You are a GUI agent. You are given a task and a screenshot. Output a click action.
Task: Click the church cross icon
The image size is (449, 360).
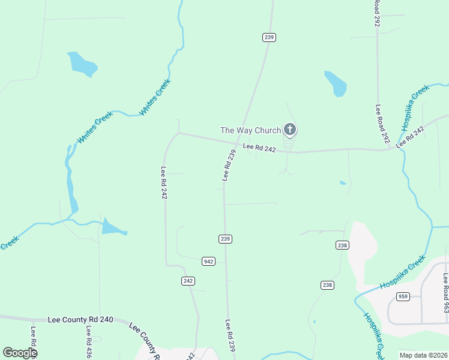pyautogui.click(x=290, y=130)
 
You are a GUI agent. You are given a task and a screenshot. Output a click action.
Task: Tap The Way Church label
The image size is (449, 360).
pyautogui.click(x=250, y=130)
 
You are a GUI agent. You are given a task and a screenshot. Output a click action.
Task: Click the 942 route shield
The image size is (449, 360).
pyautogui.click(x=209, y=261)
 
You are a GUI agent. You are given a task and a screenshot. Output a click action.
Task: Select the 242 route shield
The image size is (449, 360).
pyautogui.click(x=188, y=281)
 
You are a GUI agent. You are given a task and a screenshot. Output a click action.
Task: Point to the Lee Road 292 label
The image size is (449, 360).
pyautogui.click(x=381, y=124)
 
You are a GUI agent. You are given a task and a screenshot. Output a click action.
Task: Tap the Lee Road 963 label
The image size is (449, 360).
pyautogui.click(x=445, y=293)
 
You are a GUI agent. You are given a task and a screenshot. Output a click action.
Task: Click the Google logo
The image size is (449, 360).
pyautogui.click(x=20, y=353)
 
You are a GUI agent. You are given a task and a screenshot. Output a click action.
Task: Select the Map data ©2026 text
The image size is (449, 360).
pyautogui.click(x=424, y=355)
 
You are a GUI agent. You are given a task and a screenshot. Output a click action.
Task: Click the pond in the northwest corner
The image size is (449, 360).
pyautogui.click(x=82, y=64)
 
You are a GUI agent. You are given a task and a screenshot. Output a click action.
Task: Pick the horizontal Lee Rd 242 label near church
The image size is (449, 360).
pyautogui.click(x=259, y=148)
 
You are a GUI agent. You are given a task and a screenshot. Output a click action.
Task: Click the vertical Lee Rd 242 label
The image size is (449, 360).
pyautogui.click(x=163, y=182)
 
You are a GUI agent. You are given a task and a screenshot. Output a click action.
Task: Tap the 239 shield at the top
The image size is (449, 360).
pyautogui.click(x=269, y=37)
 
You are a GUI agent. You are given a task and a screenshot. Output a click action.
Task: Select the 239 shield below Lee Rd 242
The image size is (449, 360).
pyautogui.click(x=225, y=239)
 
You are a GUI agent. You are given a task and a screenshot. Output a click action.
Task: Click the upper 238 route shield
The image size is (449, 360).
pyautogui.click(x=342, y=245)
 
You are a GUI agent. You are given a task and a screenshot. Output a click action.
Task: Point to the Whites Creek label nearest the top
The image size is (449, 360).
pyautogui.click(x=155, y=97)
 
